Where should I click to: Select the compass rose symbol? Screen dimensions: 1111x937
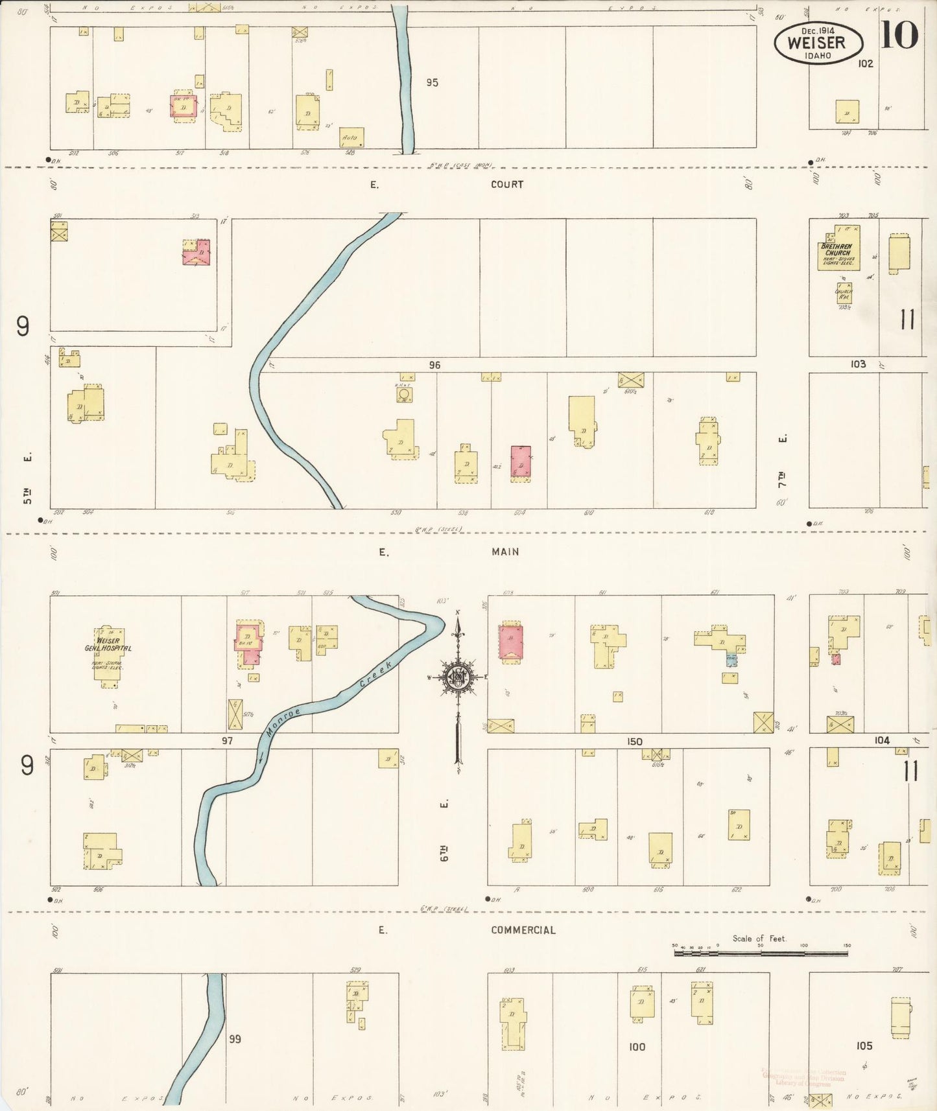point(458,677)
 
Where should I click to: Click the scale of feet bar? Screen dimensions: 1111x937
point(761,953)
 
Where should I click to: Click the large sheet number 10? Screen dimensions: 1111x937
point(899,35)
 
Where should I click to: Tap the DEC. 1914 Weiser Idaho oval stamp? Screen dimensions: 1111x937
point(818,43)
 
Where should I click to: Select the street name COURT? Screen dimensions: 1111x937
point(506,185)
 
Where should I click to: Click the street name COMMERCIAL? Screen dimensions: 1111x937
point(523,930)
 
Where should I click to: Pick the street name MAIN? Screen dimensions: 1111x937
point(505,552)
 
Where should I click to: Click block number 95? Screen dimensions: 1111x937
point(432,82)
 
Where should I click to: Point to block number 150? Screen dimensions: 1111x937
point(634,742)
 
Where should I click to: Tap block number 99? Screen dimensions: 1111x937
point(235,1038)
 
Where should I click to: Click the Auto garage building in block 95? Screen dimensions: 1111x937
point(351,137)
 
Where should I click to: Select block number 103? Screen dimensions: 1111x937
point(858,364)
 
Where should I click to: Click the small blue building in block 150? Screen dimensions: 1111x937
point(731,660)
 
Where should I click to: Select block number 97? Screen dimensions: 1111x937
point(227,740)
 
